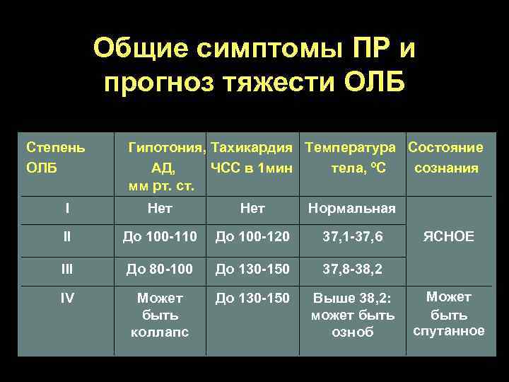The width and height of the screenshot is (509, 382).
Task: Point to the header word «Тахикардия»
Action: pos(252,148)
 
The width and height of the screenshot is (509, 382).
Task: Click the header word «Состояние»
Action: pos(446,148)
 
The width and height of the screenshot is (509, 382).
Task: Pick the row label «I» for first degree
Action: pos(66,209)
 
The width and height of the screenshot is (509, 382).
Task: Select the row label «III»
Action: pos(66,269)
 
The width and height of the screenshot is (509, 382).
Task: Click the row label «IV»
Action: pos(66,298)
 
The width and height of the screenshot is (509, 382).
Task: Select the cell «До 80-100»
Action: pos(160,269)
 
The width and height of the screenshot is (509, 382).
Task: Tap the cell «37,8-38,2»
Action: pos(353,269)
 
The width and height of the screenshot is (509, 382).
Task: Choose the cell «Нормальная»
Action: pos(351,209)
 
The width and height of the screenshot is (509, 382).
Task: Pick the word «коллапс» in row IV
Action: pos(160,332)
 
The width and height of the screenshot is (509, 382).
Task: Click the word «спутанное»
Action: pos(449,330)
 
